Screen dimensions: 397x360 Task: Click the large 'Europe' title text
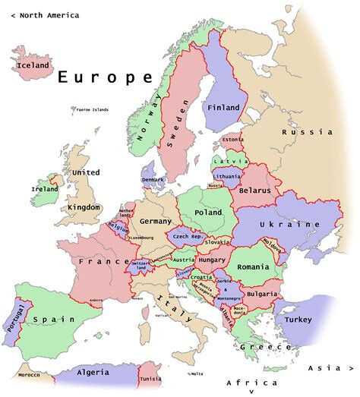pyautogui.click(x=105, y=77)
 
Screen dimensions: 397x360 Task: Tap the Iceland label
pyautogui.click(x=33, y=65)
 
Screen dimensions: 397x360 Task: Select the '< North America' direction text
pyautogui.click(x=45, y=15)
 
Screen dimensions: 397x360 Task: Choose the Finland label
pyautogui.click(x=223, y=108)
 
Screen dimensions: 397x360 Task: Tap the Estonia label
pyautogui.click(x=232, y=140)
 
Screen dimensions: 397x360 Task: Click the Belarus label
pyautogui.click(x=254, y=191)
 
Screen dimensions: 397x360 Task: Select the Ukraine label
pyautogui.click(x=290, y=225)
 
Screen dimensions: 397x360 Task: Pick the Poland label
pyautogui.click(x=209, y=213)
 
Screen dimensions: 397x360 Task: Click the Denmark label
pyautogui.click(x=153, y=180)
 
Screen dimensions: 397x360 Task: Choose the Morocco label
pyautogui.click(x=30, y=376)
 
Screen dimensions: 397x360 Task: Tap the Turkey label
pyautogui.click(x=298, y=320)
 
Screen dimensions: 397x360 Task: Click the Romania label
pyautogui.click(x=253, y=267)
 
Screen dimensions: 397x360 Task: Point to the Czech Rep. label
pyautogui.click(x=186, y=237)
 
